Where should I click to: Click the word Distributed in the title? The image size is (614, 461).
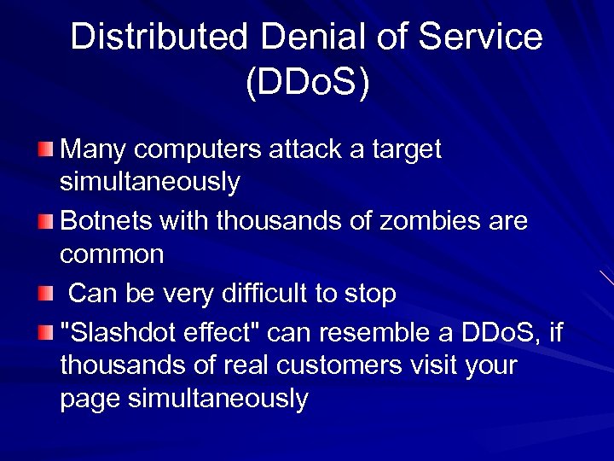159,37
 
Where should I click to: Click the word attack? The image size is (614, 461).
307,149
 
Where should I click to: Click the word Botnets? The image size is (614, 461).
106,221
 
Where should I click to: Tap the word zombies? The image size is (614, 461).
424,221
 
